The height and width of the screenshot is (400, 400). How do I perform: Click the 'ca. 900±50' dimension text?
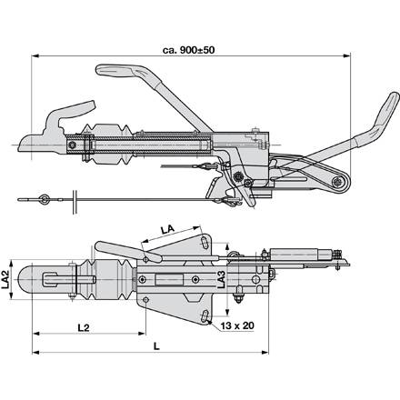click(188, 50)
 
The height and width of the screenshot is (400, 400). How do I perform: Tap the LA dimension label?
click(167, 229)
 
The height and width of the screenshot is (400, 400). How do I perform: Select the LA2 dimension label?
click(5, 279)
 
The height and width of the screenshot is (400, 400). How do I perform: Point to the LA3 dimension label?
click(222, 279)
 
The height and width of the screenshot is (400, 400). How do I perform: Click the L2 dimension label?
click(84, 327)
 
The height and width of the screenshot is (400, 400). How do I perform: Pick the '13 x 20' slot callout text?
click(237, 325)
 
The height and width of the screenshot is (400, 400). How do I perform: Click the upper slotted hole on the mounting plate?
click(205, 243)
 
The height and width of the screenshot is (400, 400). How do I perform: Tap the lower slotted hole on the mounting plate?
click(205, 316)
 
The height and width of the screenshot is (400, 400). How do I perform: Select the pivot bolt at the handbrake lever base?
click(337, 182)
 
